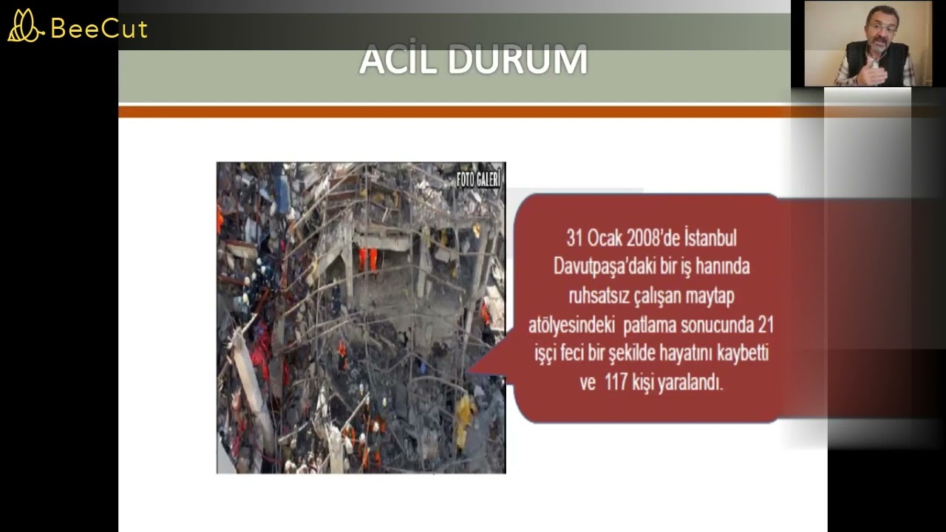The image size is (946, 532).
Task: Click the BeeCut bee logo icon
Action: (x=25, y=26)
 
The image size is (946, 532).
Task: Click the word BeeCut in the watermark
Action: (x=99, y=29)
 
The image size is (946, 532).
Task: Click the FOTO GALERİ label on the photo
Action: (x=479, y=179)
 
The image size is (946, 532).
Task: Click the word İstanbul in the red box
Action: (x=710, y=238)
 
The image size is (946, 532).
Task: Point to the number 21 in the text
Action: (x=766, y=324)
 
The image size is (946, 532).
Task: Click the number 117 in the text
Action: (x=618, y=383)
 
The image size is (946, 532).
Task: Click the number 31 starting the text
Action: (x=575, y=238)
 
